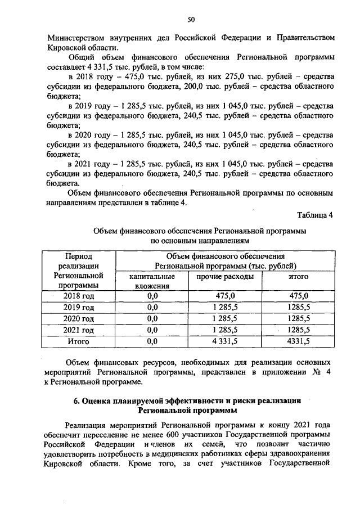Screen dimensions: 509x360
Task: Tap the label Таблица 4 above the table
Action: click(315, 216)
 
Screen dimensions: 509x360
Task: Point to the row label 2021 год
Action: click(79, 330)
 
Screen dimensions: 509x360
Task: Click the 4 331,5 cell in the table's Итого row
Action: click(225, 341)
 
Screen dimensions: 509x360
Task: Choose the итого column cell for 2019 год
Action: click(299, 307)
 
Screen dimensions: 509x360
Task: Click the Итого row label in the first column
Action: click(79, 341)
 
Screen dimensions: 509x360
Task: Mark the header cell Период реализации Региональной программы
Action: click(79, 271)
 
